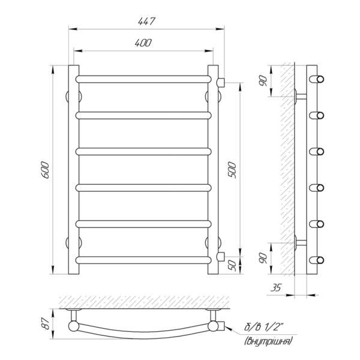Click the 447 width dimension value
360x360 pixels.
coord(146,21)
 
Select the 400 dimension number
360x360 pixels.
coord(143,43)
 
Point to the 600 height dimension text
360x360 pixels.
coord(45,170)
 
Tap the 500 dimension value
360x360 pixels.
coord(232,170)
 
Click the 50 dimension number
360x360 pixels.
coord(233,265)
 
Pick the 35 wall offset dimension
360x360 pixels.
coord(276,287)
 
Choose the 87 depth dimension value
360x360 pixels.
coord(47,323)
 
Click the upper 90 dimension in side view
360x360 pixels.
coord(263,81)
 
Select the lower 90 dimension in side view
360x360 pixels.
coord(263,258)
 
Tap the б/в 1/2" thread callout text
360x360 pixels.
coord(264,326)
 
